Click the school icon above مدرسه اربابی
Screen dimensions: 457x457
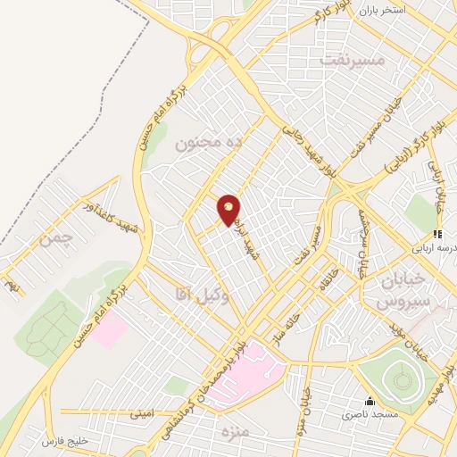pos(437,234)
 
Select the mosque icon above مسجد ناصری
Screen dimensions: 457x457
pos(370,401)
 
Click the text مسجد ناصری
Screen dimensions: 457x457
pos(370,415)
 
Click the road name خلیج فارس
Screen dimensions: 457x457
pos(67,441)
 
